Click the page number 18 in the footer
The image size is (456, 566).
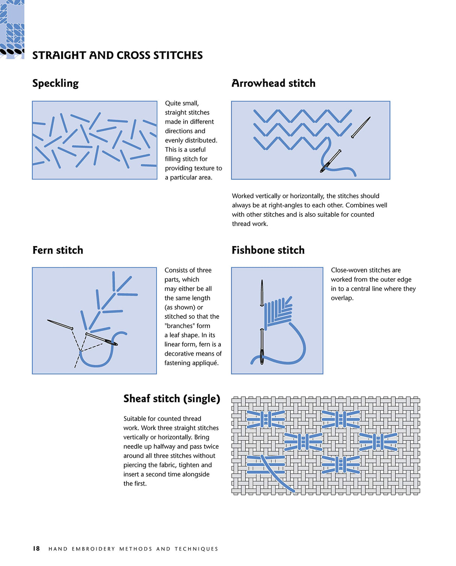click(36, 548)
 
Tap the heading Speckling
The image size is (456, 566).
click(55, 83)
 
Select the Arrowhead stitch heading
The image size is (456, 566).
click(273, 83)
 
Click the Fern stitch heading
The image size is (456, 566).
click(57, 250)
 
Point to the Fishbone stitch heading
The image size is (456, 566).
click(268, 250)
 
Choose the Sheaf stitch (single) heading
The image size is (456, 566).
click(172, 398)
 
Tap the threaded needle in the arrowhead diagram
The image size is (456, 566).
click(331, 161)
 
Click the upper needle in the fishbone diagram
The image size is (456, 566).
click(262, 293)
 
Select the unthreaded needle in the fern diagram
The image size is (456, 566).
click(60, 325)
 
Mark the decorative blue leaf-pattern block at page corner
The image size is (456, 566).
click(12, 29)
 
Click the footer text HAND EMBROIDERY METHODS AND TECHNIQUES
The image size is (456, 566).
click(133, 549)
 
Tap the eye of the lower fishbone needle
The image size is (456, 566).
click(262, 355)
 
